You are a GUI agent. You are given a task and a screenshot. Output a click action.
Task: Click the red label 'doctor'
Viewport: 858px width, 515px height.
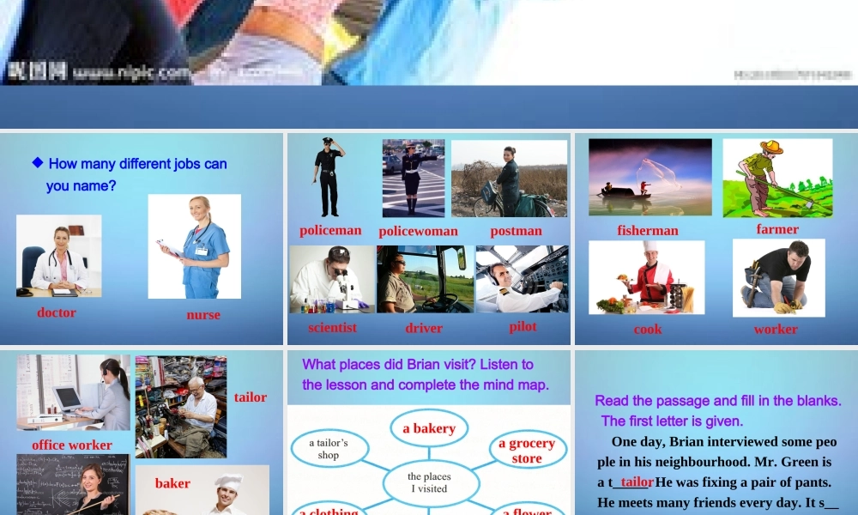[x=57, y=312]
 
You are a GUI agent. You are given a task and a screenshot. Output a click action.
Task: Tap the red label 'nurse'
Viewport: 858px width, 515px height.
[x=203, y=315]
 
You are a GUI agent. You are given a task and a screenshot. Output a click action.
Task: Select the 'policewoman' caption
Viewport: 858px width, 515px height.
[x=418, y=231]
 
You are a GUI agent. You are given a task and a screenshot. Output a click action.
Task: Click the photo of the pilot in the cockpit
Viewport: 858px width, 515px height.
[x=522, y=279]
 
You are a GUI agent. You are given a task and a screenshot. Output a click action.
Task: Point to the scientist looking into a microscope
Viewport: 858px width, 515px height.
[x=331, y=279]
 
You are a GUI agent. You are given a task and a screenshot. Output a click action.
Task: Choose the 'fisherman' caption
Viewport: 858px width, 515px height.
[x=648, y=230]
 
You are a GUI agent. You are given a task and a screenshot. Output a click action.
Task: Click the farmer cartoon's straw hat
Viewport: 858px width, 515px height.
[x=771, y=147]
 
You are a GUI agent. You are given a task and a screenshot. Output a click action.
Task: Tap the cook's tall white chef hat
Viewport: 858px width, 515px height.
[x=650, y=248]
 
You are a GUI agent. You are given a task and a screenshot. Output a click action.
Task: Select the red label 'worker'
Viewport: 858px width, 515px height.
[x=776, y=329]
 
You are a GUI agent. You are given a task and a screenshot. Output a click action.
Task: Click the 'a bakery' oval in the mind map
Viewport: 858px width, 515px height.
[x=429, y=428]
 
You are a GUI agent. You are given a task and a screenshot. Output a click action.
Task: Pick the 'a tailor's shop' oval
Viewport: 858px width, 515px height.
[x=329, y=449]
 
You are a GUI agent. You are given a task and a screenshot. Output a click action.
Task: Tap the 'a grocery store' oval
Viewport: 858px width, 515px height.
[x=527, y=451]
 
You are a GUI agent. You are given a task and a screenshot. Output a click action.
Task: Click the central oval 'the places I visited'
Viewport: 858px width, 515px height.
[x=429, y=482]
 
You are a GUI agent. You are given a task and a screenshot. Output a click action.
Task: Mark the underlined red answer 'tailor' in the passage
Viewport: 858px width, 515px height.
[x=637, y=482]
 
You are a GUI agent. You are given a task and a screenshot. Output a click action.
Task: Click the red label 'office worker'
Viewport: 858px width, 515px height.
[x=72, y=445]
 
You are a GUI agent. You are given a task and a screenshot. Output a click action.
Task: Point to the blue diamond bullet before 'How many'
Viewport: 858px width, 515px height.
[x=37, y=162]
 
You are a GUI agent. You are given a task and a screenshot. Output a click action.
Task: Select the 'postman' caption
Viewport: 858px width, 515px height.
[x=517, y=231]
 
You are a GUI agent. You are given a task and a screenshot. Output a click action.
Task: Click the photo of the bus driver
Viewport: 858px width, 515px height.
[x=425, y=279]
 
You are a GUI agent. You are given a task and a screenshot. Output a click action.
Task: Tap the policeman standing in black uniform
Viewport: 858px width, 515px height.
[x=328, y=176]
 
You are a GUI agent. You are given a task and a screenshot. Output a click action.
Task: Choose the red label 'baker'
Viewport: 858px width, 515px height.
[x=172, y=483]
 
